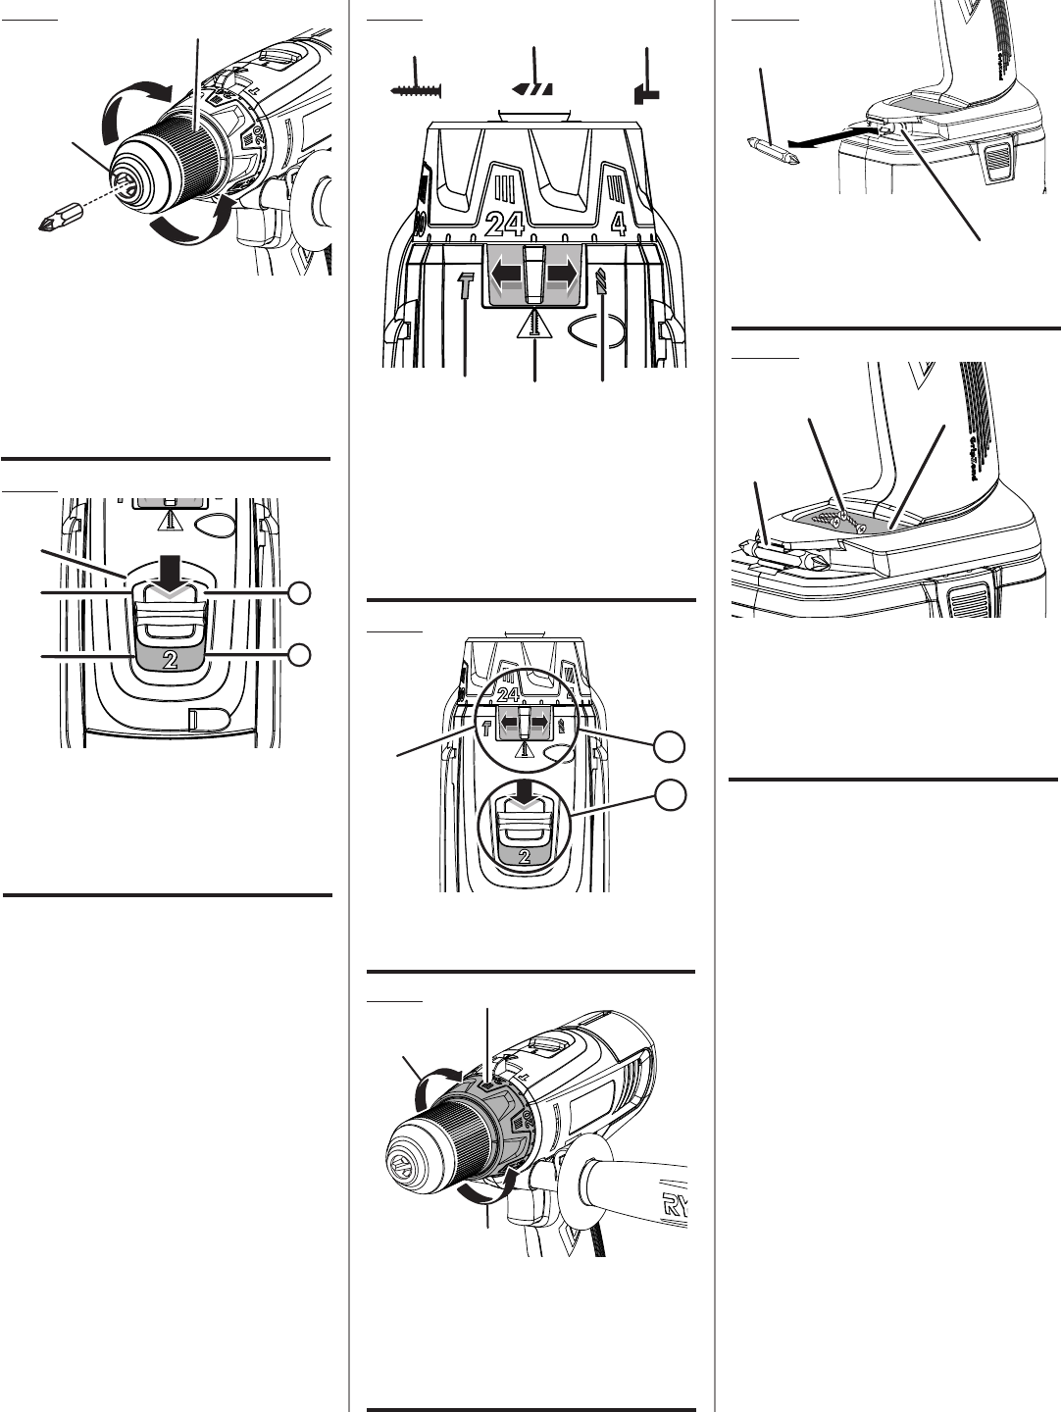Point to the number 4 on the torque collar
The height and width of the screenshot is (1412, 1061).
point(618,225)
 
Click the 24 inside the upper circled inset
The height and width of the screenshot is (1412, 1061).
point(508,694)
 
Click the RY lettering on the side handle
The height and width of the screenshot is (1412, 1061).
point(675,1205)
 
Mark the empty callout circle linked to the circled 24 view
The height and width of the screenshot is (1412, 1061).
point(670,746)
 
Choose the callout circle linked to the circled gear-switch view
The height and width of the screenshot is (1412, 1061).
point(670,795)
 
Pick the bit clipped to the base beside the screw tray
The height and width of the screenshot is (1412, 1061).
point(784,559)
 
